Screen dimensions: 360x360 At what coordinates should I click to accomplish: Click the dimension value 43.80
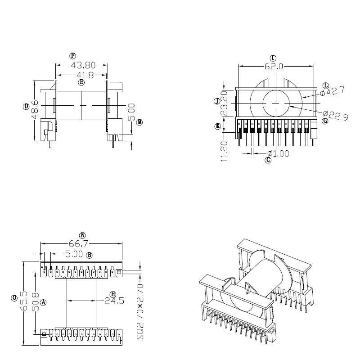(81, 66)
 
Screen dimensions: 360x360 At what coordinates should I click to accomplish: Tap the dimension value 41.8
(81, 75)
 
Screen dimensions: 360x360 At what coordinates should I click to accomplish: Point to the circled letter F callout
(72, 56)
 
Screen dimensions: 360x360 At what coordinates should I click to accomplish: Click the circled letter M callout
(139, 122)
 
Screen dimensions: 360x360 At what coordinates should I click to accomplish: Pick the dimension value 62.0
(274, 67)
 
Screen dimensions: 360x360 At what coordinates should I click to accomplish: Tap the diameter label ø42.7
(333, 91)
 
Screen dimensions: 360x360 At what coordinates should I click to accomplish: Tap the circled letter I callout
(273, 58)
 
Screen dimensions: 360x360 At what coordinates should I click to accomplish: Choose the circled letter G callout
(325, 121)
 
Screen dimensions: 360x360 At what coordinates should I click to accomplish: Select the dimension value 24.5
(114, 301)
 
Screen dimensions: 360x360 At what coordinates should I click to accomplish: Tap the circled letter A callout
(44, 302)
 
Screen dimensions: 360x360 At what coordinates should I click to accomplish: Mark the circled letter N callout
(82, 235)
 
